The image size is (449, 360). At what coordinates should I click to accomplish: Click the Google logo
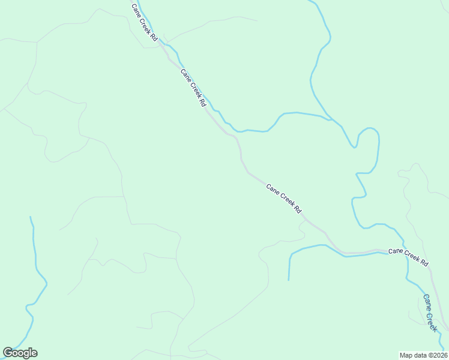pos(20,353)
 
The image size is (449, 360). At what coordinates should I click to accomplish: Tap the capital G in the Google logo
pos(8,353)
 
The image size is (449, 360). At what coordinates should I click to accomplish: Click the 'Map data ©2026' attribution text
pos(424,355)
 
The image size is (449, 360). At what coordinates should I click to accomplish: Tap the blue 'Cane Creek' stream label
pos(430,312)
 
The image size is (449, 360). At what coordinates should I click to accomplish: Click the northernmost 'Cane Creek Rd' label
pos(145,22)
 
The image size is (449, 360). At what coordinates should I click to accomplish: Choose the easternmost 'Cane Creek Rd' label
pos(408,257)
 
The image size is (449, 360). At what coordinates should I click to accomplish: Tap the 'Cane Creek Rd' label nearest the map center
pos(283,198)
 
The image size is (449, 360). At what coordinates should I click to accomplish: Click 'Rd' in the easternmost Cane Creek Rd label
pos(424,262)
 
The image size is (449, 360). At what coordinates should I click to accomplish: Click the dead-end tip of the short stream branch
pos(289,280)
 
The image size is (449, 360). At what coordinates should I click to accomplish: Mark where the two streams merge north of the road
pos(329,118)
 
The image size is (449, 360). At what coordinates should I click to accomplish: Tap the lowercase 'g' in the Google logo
pos(25,354)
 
